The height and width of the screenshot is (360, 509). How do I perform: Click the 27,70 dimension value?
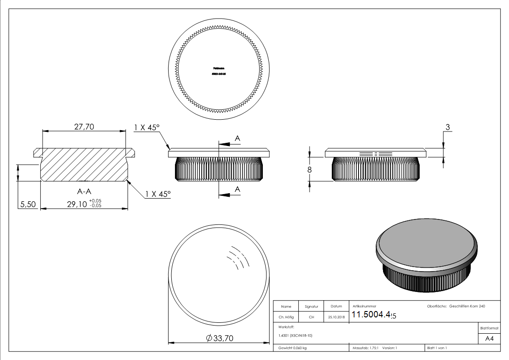click(84, 127)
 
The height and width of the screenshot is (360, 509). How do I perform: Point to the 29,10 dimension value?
click(78, 204)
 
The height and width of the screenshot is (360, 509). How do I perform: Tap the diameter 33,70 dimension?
click(219, 338)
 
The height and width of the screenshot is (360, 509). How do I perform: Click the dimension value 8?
click(310, 170)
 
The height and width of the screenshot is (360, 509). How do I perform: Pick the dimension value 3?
click(448, 127)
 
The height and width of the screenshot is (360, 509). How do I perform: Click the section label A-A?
click(84, 192)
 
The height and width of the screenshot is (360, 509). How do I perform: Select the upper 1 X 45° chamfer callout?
click(146, 128)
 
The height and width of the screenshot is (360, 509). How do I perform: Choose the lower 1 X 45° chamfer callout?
click(158, 194)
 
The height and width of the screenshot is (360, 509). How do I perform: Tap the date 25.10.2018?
click(336, 317)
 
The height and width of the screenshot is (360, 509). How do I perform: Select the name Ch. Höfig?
click(286, 317)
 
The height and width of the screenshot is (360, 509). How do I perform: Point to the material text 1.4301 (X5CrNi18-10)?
click(294, 336)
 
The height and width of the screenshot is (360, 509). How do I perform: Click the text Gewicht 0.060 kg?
click(290, 348)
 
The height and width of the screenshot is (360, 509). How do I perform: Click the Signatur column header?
click(311, 307)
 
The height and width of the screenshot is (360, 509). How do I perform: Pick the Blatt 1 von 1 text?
click(437, 348)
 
